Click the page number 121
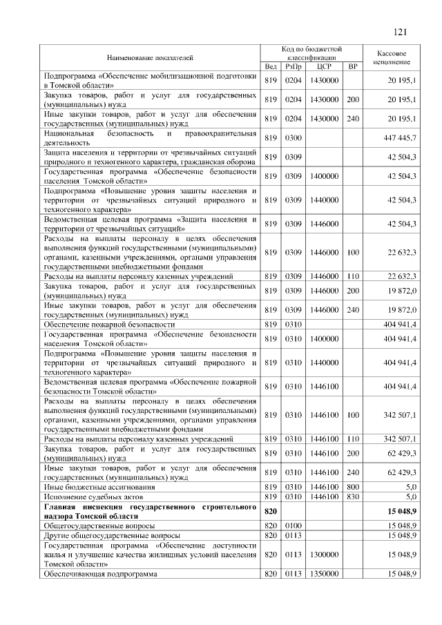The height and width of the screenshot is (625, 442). (x=399, y=32)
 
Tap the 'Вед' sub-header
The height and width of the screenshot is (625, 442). (x=271, y=66)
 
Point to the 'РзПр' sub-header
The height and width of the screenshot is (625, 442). (x=294, y=66)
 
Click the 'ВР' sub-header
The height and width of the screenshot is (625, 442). (x=353, y=66)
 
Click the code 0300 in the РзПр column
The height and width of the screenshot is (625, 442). (x=294, y=138)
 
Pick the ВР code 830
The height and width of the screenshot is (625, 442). (x=353, y=496)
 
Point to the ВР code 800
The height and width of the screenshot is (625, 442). (x=353, y=486)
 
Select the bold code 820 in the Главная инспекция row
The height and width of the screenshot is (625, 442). (x=270, y=511)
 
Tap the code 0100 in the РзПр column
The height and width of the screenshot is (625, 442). (x=294, y=526)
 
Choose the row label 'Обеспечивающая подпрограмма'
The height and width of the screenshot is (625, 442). (x=100, y=574)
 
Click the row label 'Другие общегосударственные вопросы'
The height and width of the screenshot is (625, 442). (x=112, y=535)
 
